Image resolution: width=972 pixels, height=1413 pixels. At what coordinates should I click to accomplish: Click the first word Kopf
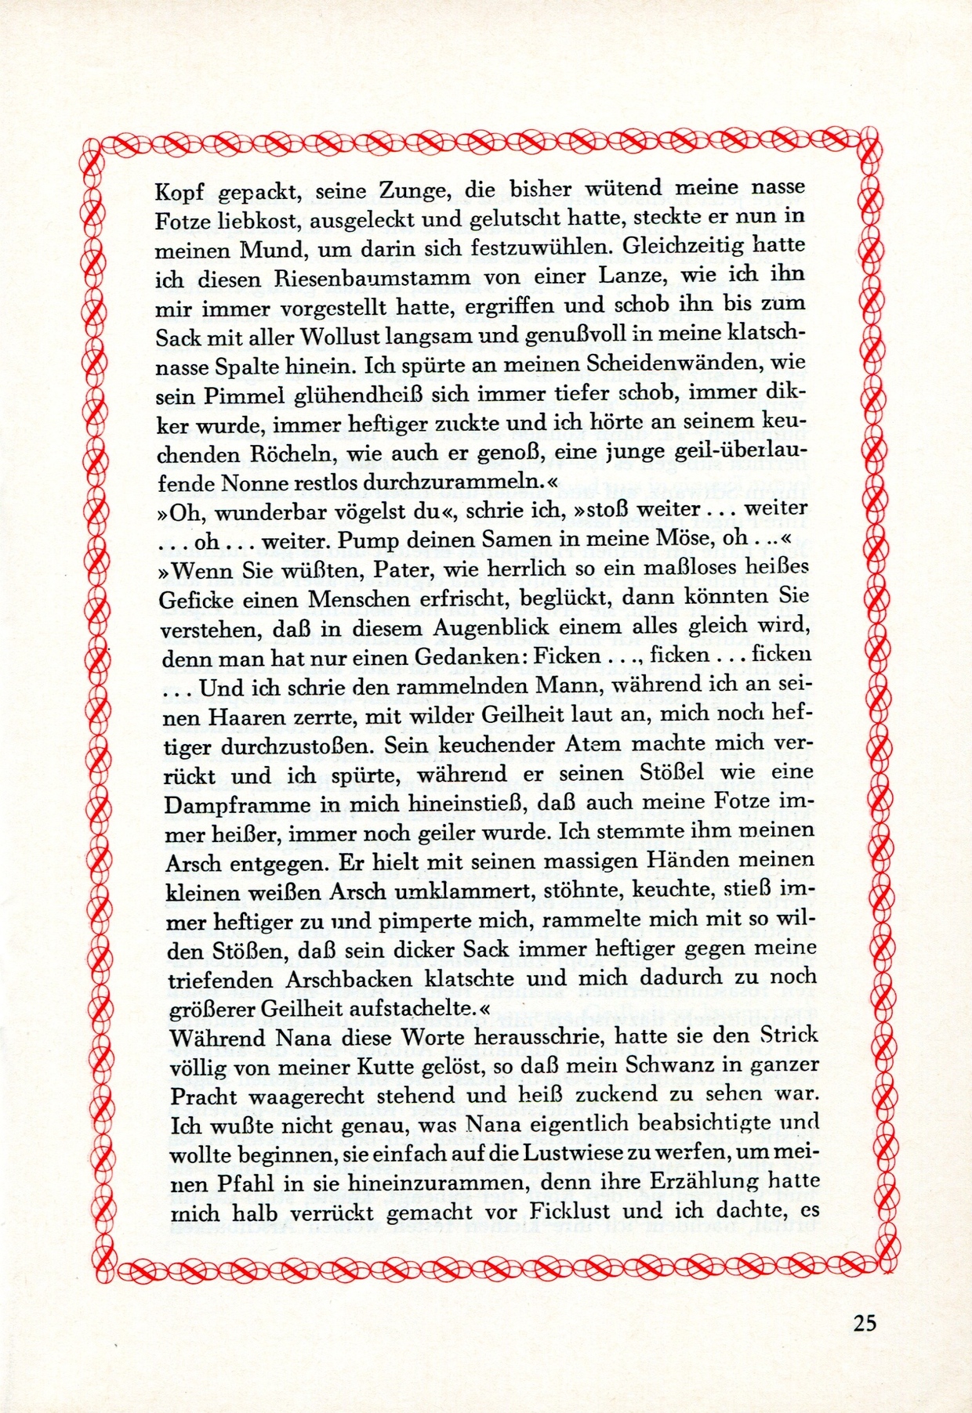pyautogui.click(x=179, y=191)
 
